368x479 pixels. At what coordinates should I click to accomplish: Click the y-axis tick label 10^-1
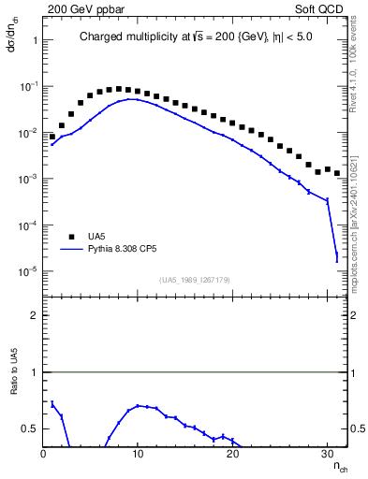pyautogui.click(x=29, y=86)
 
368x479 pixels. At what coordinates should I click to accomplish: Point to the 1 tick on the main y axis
pyautogui.click(x=33, y=40)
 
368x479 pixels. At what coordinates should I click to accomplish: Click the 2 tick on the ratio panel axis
pyautogui.click(x=34, y=315)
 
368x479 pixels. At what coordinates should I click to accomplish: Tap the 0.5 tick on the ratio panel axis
pyautogui.click(x=29, y=428)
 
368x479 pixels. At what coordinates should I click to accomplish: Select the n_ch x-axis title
pyautogui.click(x=339, y=466)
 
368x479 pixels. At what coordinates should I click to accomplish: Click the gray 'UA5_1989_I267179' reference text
pyautogui.click(x=195, y=280)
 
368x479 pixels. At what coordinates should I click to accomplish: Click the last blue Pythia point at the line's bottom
pyautogui.click(x=337, y=259)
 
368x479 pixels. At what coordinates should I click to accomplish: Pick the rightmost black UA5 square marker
pyautogui.click(x=337, y=173)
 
